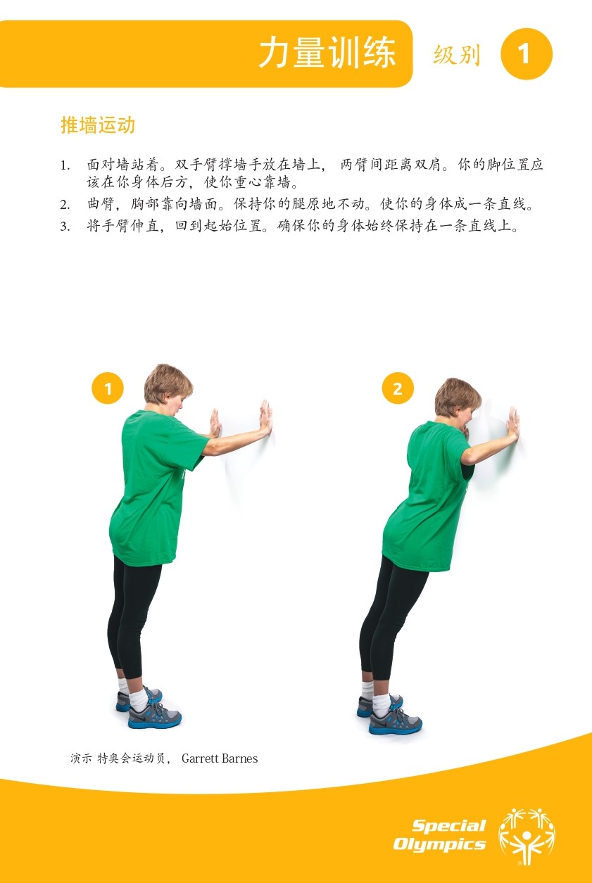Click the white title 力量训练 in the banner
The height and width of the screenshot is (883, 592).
(327, 53)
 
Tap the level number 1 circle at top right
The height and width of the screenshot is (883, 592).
(526, 53)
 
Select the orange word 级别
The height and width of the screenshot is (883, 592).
(457, 54)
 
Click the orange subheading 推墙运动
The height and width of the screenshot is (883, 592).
(98, 125)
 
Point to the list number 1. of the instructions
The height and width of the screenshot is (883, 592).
(65, 165)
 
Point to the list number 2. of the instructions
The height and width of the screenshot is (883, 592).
(65, 205)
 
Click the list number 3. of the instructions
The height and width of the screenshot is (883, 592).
(65, 227)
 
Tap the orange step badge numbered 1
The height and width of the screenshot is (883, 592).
(108, 388)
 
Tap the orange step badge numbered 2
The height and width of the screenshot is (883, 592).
(398, 388)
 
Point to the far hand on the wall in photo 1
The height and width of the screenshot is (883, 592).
(266, 418)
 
